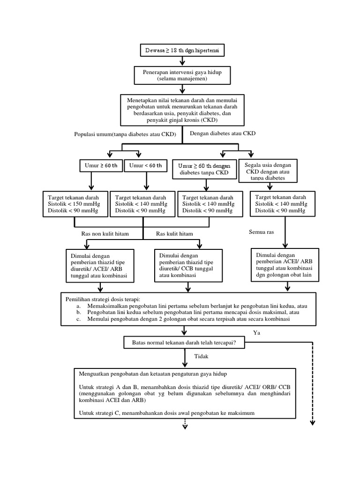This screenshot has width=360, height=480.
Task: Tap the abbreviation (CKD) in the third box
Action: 212,120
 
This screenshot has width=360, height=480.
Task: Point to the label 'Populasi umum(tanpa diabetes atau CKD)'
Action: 125,135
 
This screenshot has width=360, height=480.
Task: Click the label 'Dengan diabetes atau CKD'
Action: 223,134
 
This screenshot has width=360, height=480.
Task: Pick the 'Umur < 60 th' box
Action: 145,165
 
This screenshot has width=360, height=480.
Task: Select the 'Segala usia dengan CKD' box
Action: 268,171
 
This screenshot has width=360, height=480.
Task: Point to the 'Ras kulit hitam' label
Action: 174,233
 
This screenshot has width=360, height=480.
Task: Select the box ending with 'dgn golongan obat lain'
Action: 284,264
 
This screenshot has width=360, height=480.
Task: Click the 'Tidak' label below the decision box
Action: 201,357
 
